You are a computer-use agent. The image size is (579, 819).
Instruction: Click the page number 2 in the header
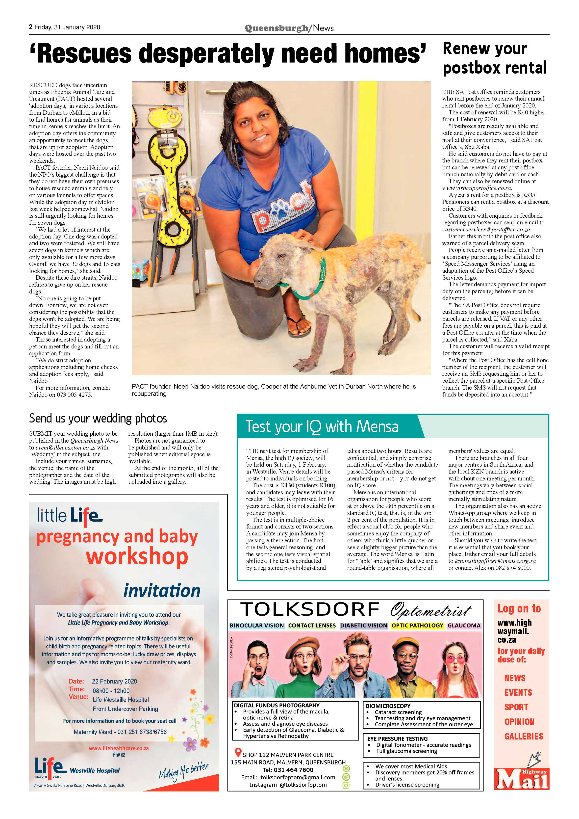31,27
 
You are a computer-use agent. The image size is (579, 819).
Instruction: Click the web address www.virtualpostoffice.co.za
477,188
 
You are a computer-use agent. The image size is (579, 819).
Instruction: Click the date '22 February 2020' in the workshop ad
114,681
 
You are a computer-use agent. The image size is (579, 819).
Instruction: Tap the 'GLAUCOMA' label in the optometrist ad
464,625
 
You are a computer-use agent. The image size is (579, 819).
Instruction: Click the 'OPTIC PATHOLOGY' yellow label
417,625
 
